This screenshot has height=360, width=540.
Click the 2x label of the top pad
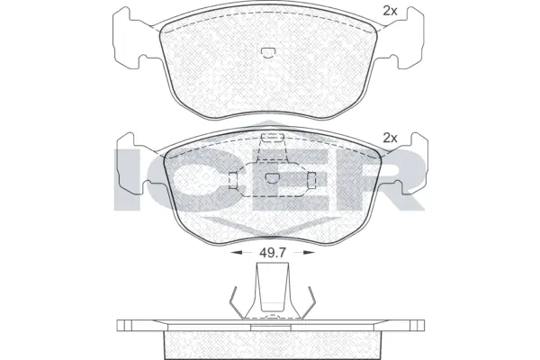coord(390,11)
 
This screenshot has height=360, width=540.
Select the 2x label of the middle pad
coord(390,138)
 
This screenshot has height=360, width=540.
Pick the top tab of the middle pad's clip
coord(267,140)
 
